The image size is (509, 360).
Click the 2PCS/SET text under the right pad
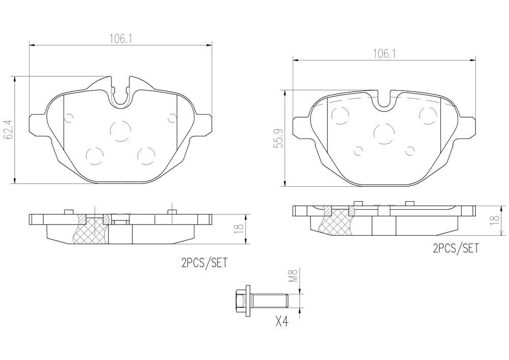[x=456, y=248]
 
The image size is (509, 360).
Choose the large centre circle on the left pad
[x=120, y=130]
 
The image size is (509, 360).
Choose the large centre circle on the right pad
[x=384, y=133]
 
